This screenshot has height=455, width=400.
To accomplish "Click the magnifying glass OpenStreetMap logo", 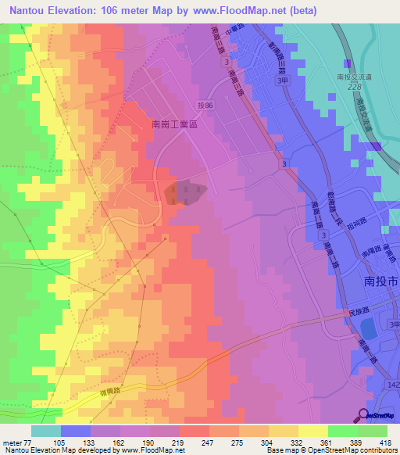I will tap(362, 414).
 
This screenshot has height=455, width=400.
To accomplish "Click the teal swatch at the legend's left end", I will tap(45, 431).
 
